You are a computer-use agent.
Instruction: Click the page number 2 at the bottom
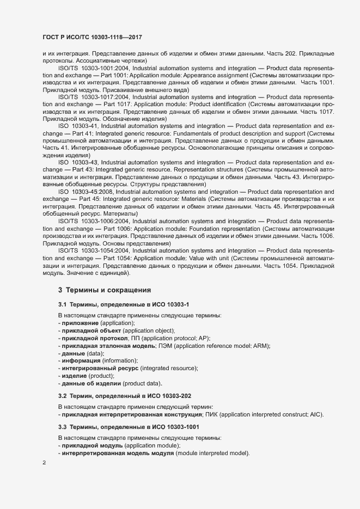pos(44,463)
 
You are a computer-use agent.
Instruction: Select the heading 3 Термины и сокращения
pos(105,290)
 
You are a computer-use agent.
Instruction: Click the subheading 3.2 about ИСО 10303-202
pos(125,396)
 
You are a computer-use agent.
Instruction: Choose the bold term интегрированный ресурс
pos(100,369)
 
